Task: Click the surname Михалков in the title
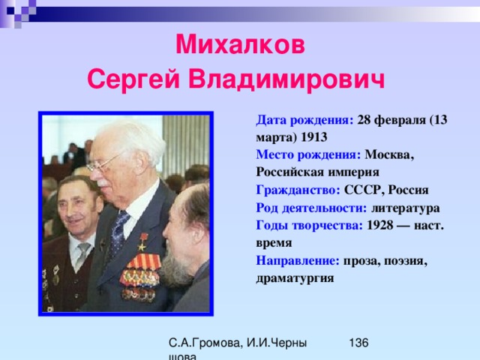tap(240, 45)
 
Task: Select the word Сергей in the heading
tap(133, 79)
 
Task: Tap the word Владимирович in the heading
tap(286, 79)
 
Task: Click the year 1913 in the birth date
tap(314, 137)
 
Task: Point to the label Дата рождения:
tap(304, 120)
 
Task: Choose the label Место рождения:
tap(308, 154)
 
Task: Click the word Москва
tap(389, 155)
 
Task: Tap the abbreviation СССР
tap(362, 190)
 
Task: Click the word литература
tap(406, 208)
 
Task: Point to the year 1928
tap(380, 225)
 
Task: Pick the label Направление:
tap(298, 261)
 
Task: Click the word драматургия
tap(295, 278)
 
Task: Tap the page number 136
tap(358, 343)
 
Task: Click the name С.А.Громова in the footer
tap(205, 343)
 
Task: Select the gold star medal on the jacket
tap(142, 242)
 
